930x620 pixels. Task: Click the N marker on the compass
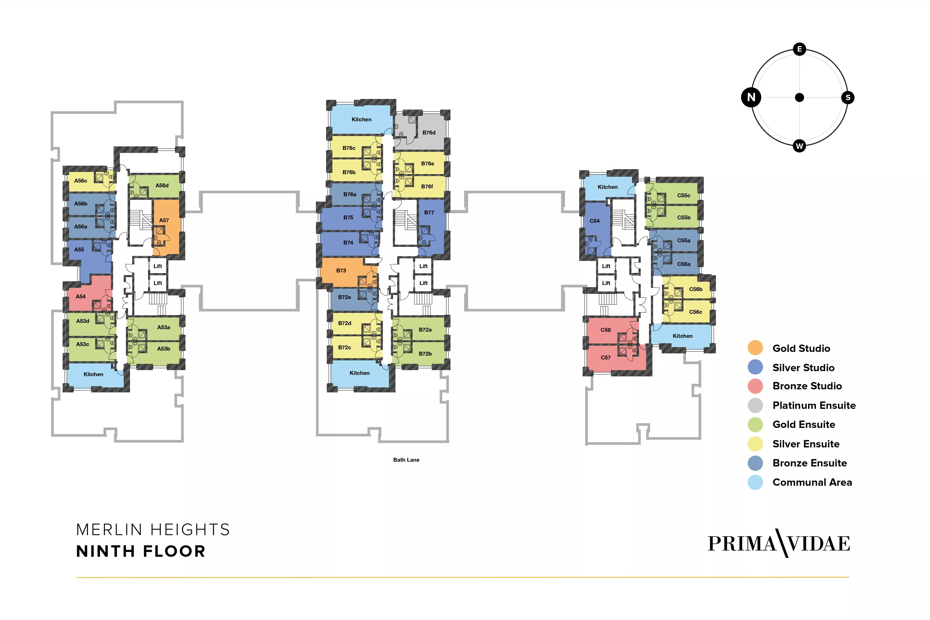point(751,97)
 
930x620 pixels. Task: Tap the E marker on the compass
point(800,49)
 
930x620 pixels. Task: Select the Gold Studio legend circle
point(755,348)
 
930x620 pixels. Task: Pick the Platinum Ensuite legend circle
point(755,405)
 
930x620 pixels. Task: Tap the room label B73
point(341,270)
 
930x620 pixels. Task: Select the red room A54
point(85,296)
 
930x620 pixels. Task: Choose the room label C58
point(606,330)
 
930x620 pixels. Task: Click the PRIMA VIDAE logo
point(779,544)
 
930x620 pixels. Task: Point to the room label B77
point(429,212)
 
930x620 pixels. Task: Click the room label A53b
point(164,349)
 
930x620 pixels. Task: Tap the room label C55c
point(684,195)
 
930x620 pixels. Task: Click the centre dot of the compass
point(800,97)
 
